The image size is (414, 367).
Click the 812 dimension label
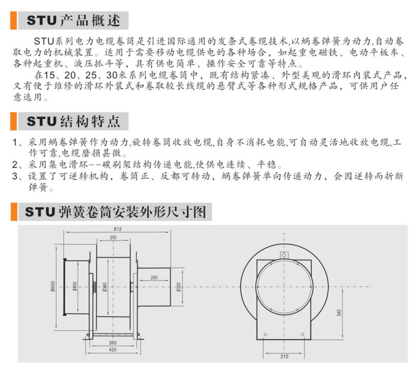[x=117, y=229]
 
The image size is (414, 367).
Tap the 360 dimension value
[x=113, y=343]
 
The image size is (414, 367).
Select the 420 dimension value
[x=113, y=349]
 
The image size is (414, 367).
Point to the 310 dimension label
[x=284, y=357]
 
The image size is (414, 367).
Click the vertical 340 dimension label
[x=339, y=313]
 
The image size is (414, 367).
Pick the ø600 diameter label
[x=53, y=286]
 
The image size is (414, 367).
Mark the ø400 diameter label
[x=75, y=286]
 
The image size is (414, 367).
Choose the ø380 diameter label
[x=105, y=287]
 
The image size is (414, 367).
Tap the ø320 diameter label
[x=179, y=287]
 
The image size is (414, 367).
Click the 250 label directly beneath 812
[x=113, y=237]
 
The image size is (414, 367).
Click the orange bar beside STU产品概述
[x=13, y=20]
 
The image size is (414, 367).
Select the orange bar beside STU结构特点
[x=13, y=121]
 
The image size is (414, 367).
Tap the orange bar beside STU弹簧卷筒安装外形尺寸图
[x=14, y=212]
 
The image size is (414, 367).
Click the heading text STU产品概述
[x=73, y=20]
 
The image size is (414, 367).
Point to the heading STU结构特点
[x=73, y=121]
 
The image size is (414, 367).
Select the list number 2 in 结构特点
[x=15, y=165]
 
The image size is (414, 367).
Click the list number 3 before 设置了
[x=15, y=176]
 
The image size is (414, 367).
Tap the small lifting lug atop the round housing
[x=284, y=255]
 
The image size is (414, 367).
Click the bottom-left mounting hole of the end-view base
[x=265, y=334]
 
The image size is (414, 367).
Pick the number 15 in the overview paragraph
[x=49, y=75]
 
